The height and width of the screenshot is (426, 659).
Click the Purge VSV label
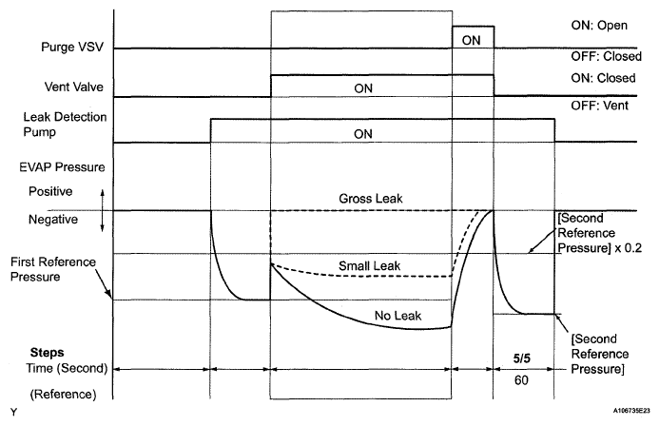(x=68, y=46)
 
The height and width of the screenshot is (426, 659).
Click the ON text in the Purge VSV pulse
(x=470, y=40)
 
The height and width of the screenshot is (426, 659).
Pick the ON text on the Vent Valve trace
(x=362, y=87)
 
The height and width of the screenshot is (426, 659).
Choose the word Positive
(x=48, y=191)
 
